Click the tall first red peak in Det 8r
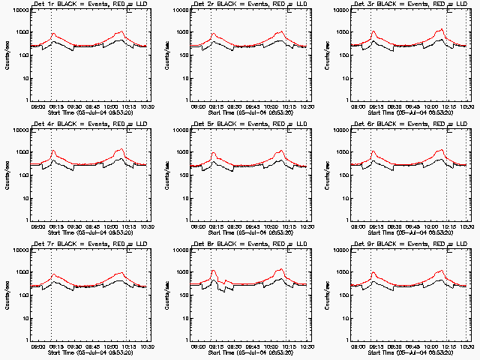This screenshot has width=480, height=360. [213, 271]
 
